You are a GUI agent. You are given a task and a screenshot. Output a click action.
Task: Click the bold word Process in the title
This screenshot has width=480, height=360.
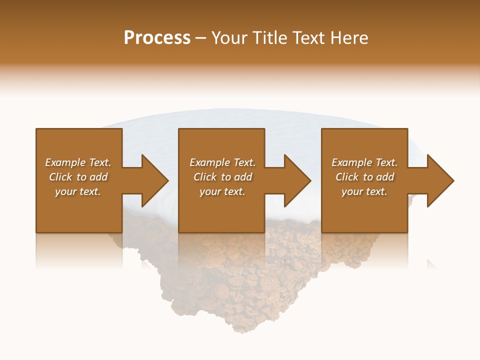click(157, 38)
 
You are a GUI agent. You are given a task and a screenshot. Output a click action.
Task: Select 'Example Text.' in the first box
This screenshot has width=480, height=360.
click(78, 162)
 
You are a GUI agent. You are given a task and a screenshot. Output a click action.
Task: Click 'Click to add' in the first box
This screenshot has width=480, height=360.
click(78, 177)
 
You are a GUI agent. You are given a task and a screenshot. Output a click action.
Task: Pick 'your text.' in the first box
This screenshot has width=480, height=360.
click(78, 191)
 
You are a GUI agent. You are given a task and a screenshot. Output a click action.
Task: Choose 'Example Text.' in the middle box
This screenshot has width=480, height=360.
click(222, 162)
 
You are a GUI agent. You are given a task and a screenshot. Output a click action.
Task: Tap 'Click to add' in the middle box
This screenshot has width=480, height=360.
click(222, 177)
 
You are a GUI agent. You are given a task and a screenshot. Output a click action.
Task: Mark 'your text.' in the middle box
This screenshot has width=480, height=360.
click(222, 191)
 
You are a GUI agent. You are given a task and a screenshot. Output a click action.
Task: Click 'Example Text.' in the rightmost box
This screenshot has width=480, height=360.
click(364, 162)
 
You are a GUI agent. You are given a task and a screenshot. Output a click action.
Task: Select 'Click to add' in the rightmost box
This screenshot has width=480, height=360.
click(364, 177)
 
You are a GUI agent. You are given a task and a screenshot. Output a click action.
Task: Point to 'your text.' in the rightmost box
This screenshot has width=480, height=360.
click(364, 191)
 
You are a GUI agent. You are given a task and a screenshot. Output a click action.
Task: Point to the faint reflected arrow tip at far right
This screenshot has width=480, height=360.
click(431, 264)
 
